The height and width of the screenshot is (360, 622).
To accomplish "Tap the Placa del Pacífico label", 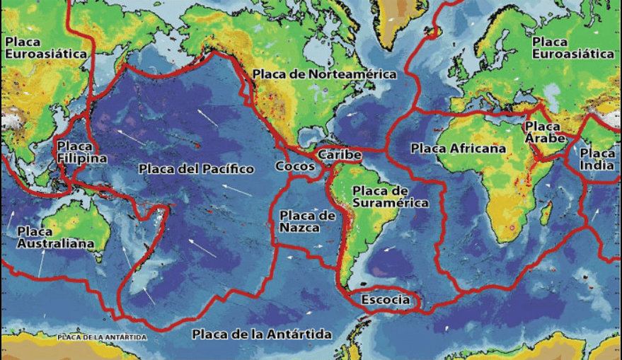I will click(196, 169).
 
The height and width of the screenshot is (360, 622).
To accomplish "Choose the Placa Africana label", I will click(459, 149).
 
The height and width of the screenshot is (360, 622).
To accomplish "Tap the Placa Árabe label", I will click(545, 132).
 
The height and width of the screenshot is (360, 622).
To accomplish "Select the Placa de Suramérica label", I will click(391, 197).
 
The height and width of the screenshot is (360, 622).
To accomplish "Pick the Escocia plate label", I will click(385, 300).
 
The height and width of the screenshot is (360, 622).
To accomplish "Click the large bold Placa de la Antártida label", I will click(262, 333).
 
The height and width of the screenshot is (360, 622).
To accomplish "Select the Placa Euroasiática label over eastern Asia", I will click(45, 47).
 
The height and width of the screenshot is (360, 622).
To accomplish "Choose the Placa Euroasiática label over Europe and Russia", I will click(573, 47).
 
